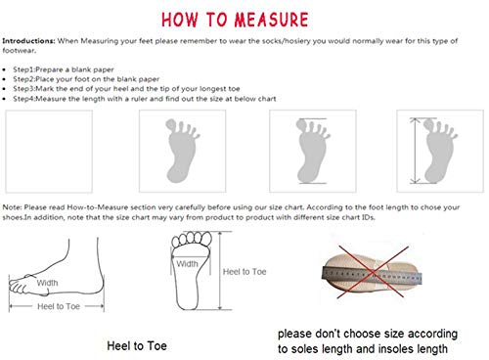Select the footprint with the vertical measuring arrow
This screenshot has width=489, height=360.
coord(427,147)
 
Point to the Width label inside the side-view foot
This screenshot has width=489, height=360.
coord(48,283)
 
